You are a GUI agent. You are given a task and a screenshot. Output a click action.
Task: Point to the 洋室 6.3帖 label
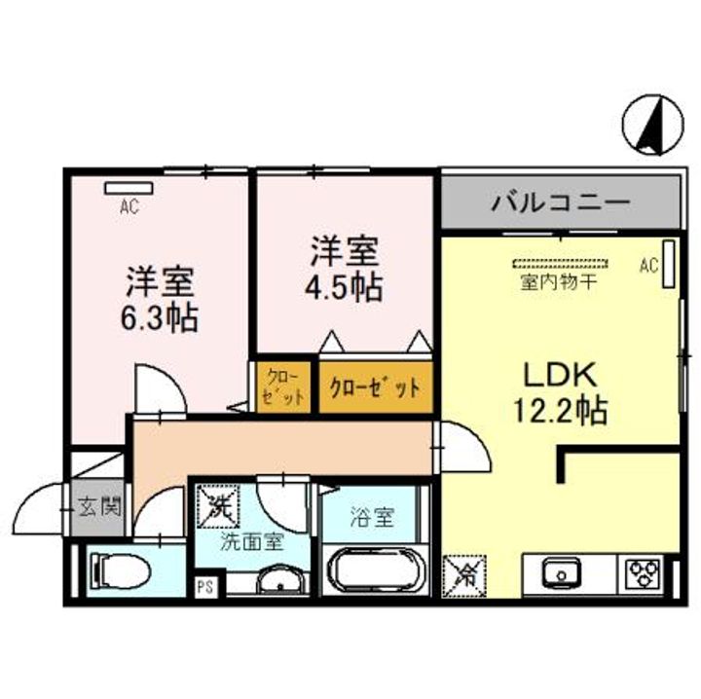coord(161,299)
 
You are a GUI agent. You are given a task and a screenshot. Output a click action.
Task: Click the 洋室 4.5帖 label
coord(344,270)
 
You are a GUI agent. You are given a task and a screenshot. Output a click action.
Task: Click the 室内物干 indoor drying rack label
coord(559,282)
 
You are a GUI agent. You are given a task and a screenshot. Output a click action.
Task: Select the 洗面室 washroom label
coord(251,542)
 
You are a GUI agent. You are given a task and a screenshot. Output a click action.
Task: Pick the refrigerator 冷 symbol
coord(463,573)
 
